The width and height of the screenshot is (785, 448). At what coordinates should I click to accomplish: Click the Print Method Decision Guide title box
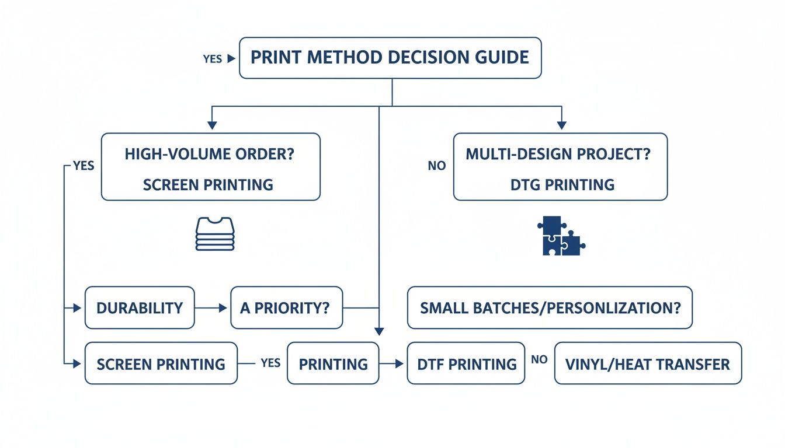point(390,58)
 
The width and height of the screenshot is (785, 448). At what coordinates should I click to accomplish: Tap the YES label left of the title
point(212,59)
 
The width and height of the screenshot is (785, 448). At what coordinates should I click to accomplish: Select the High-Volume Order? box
point(210,167)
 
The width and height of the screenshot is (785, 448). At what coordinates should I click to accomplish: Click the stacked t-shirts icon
point(215,234)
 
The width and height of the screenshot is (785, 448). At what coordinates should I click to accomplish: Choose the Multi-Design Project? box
point(560,167)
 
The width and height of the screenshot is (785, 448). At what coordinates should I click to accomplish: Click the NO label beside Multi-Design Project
point(437,166)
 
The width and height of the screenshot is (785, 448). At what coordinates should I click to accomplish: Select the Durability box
point(140,308)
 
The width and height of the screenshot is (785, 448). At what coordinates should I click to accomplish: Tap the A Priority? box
point(287,308)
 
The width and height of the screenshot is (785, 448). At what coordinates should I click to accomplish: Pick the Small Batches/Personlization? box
point(549,308)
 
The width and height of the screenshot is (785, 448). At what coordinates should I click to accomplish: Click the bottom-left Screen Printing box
point(161,363)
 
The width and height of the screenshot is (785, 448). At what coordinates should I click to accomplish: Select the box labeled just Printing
point(333,363)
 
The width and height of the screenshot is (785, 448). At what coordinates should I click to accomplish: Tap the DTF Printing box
point(466,363)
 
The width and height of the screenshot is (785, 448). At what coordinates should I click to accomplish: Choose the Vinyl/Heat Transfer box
point(647,363)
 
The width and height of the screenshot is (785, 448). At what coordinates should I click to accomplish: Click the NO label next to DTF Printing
point(539,359)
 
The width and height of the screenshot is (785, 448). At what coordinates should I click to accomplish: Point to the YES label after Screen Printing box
point(270,363)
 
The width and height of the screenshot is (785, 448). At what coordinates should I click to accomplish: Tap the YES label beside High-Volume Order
point(84,166)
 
